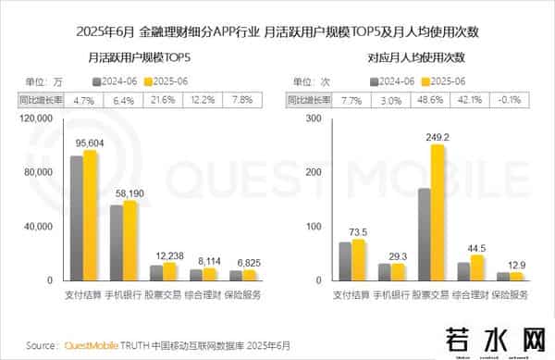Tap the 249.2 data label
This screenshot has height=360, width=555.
coord(432,134)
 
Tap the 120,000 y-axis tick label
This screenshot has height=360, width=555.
coord(36,118)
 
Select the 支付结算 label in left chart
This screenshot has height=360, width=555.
coord(83,295)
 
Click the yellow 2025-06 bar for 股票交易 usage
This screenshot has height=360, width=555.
coord(438,212)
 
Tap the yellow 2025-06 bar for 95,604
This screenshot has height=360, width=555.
coord(90,215)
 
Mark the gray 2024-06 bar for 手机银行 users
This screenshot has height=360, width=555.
coord(117,242)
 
